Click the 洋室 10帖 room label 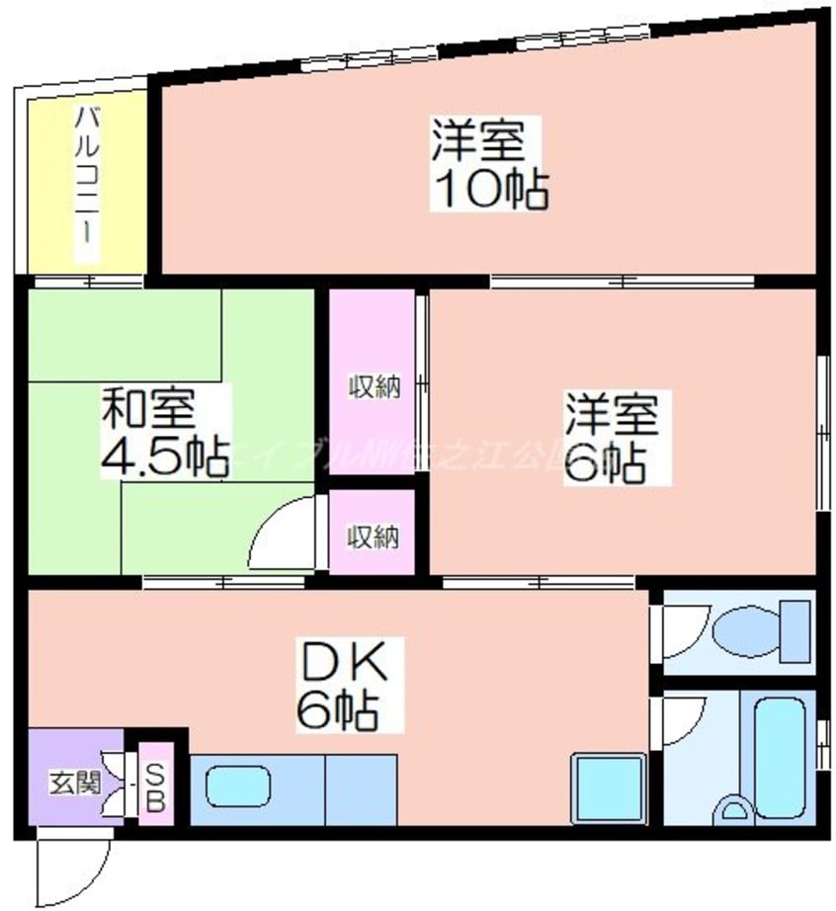[x=488, y=163]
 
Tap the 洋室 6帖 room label [x=611, y=437]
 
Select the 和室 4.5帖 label [x=163, y=434]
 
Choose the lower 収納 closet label [x=373, y=537]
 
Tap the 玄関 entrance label [x=74, y=785]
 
